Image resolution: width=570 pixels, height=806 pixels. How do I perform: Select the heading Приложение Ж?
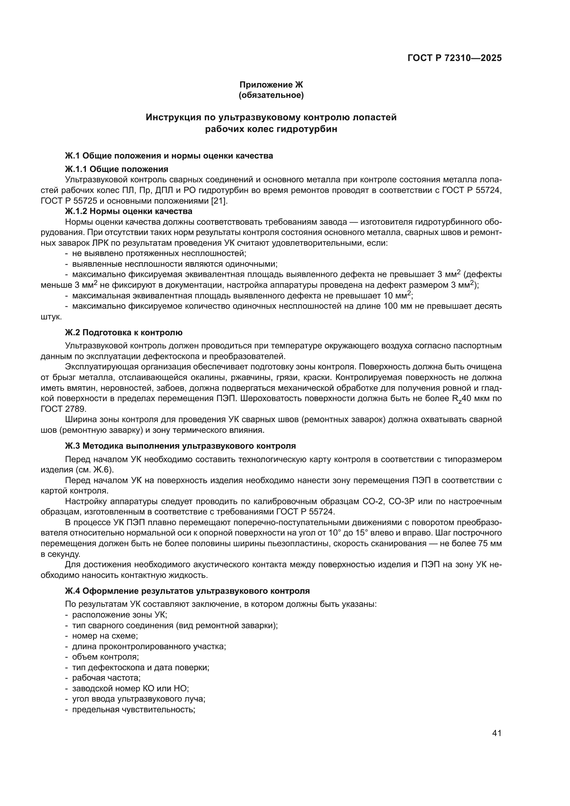[x=271, y=85]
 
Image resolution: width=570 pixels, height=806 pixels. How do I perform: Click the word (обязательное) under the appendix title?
[x=271, y=95]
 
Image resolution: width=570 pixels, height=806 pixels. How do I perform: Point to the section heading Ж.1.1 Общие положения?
[x=116, y=169]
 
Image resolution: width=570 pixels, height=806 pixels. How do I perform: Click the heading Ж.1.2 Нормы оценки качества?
[x=129, y=211]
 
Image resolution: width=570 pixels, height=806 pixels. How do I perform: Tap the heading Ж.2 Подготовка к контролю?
[x=124, y=333]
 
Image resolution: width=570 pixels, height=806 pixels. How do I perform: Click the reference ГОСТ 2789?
[x=63, y=409]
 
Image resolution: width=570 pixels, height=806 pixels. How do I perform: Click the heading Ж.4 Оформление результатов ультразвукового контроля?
[x=187, y=591]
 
